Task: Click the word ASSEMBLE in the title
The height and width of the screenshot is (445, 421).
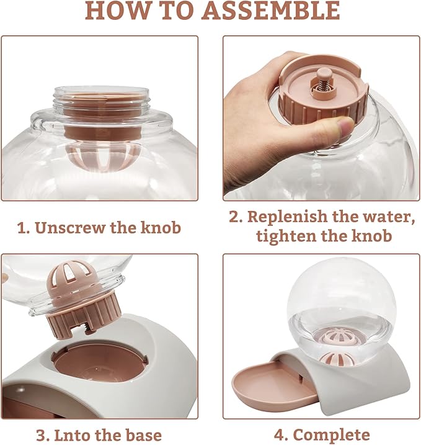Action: [272, 11]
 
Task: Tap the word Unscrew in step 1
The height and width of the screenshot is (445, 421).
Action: [70, 228]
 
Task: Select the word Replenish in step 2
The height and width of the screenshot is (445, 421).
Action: [287, 217]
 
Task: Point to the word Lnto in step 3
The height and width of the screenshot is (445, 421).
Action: [72, 435]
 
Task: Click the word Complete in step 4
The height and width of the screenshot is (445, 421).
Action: [332, 435]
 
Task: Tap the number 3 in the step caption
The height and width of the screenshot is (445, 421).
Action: [42, 435]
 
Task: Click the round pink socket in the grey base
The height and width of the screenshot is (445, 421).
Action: [99, 364]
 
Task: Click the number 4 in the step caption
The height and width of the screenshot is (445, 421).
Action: [280, 435]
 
